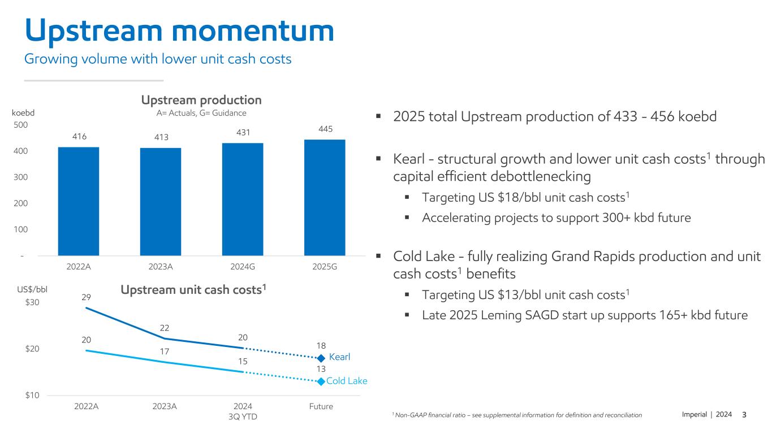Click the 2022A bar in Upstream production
[x=79, y=201]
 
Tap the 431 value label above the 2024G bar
[x=243, y=132]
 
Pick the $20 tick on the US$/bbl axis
[x=32, y=349]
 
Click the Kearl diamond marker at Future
[x=321, y=358]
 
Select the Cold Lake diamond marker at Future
[x=321, y=381]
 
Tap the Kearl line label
[x=340, y=357]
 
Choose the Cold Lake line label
[x=347, y=381]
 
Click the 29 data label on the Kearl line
[x=87, y=297]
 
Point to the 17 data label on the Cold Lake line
[x=165, y=351]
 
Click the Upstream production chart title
[x=201, y=100]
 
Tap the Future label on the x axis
[x=321, y=406]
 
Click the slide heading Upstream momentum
[x=179, y=31]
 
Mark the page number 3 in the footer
[x=744, y=415]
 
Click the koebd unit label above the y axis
[x=23, y=112]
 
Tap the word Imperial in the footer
[x=693, y=415]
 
